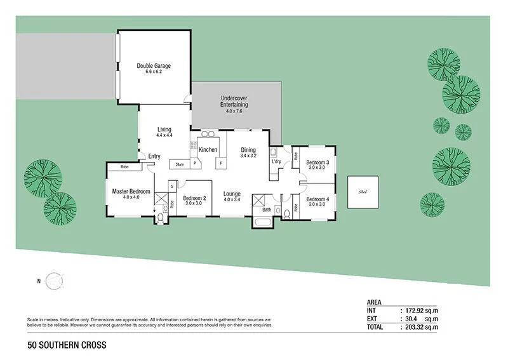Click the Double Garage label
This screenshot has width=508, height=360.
coord(154,66)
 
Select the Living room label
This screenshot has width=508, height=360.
coord(164,130)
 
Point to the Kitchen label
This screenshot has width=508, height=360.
coord(208,150)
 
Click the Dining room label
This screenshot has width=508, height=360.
coord(248,150)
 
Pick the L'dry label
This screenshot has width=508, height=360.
coord(276,162)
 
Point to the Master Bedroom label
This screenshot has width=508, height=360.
coord(131,192)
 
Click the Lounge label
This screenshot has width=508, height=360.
coord(232,193)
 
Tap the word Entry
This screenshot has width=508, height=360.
coord(154,156)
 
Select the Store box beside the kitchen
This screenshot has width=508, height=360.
coord(180,163)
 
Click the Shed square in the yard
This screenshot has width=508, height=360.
coord(363,191)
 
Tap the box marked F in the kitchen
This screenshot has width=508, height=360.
coord(220,163)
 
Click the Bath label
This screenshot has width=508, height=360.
coord(267,209)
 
